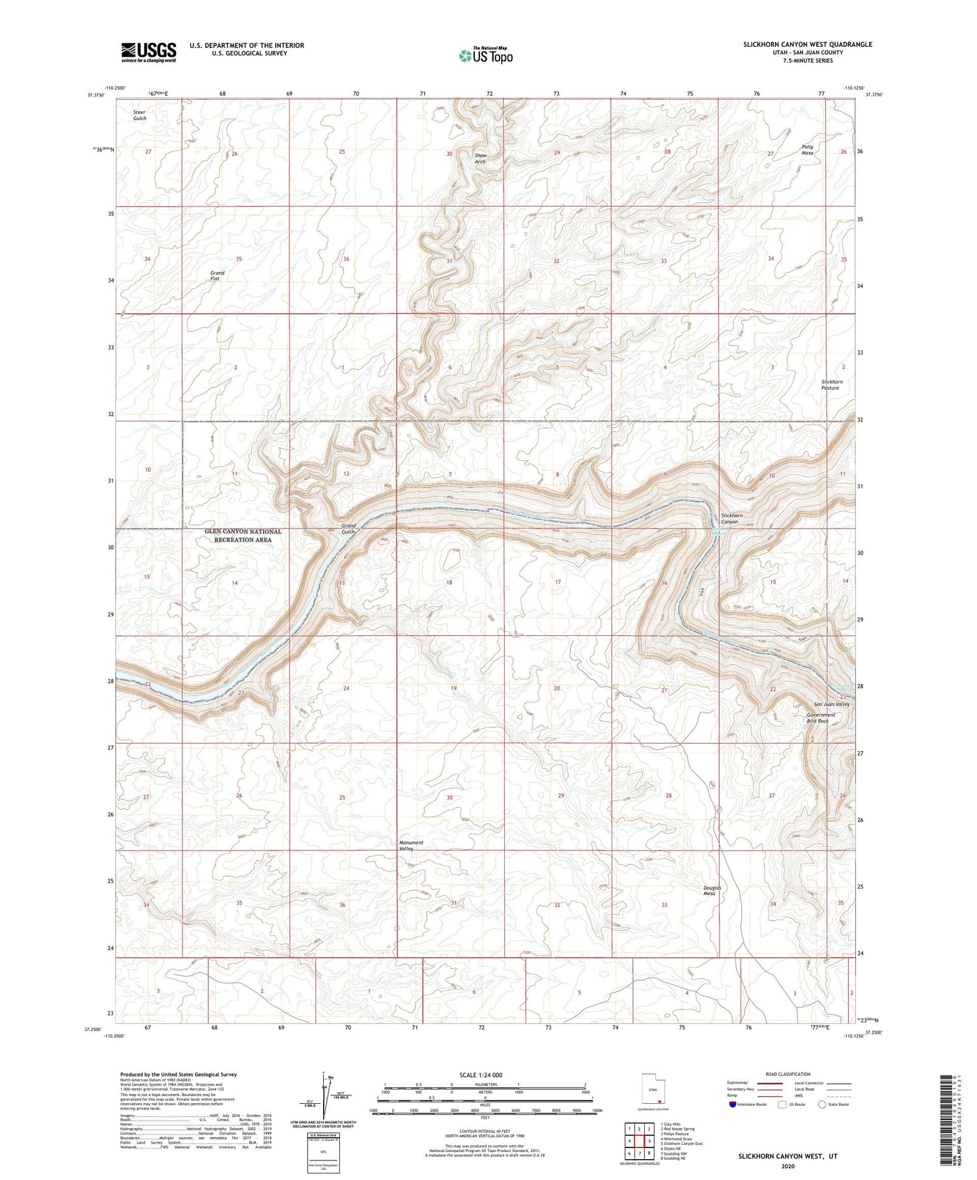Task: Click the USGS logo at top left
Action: point(149,52)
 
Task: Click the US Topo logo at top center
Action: point(485,56)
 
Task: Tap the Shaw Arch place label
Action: point(481,159)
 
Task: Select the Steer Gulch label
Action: point(140,115)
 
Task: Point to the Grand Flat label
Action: point(216,276)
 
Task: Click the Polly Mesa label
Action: point(808,150)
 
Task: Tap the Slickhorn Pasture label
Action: point(832,385)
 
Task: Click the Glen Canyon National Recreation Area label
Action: point(243,535)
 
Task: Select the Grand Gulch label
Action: point(349,528)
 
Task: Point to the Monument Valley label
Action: point(410,845)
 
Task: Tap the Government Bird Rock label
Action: point(821,718)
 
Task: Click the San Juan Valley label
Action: point(832,704)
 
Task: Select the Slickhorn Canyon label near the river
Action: point(731,519)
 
